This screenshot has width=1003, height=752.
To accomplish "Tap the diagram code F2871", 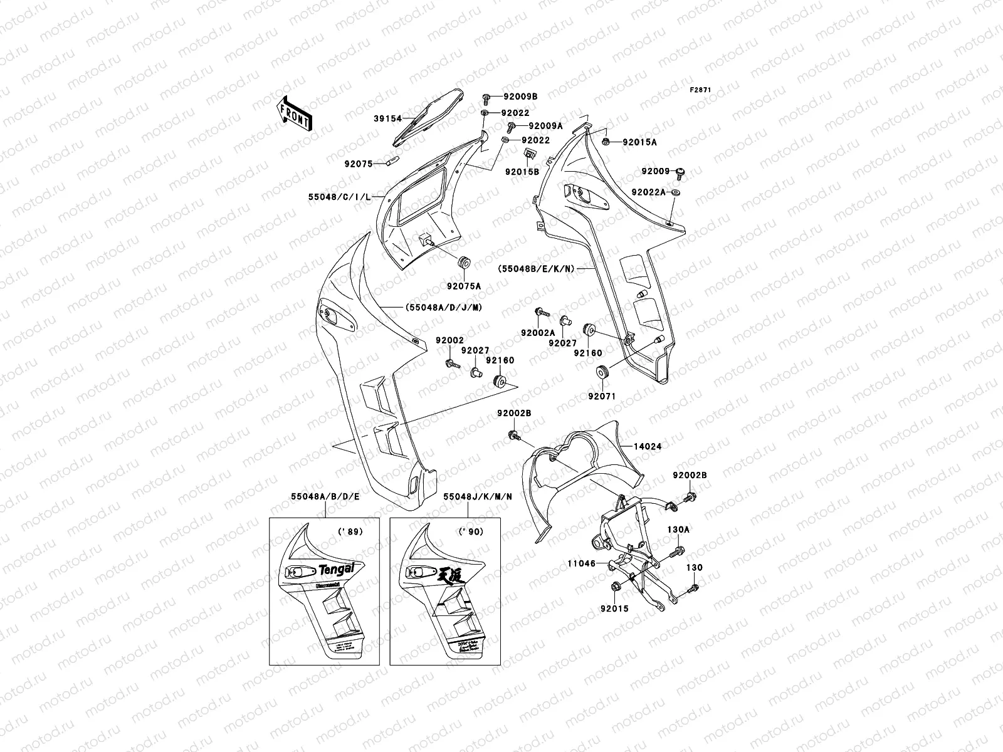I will click(x=700, y=90).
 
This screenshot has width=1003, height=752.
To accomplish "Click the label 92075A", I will click(x=464, y=286).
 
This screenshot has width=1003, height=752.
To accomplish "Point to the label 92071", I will click(x=601, y=396).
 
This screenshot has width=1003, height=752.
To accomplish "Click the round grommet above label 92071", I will click(x=602, y=372).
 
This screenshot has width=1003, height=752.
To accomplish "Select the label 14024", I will click(x=647, y=447).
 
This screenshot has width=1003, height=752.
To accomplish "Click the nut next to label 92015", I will click(x=616, y=587).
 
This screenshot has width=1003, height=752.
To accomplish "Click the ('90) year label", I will click(x=465, y=533).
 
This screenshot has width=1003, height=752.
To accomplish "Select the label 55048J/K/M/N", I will click(x=478, y=496).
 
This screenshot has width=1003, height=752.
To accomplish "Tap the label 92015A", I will click(x=639, y=142).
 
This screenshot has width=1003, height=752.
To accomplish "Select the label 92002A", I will click(x=537, y=333).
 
